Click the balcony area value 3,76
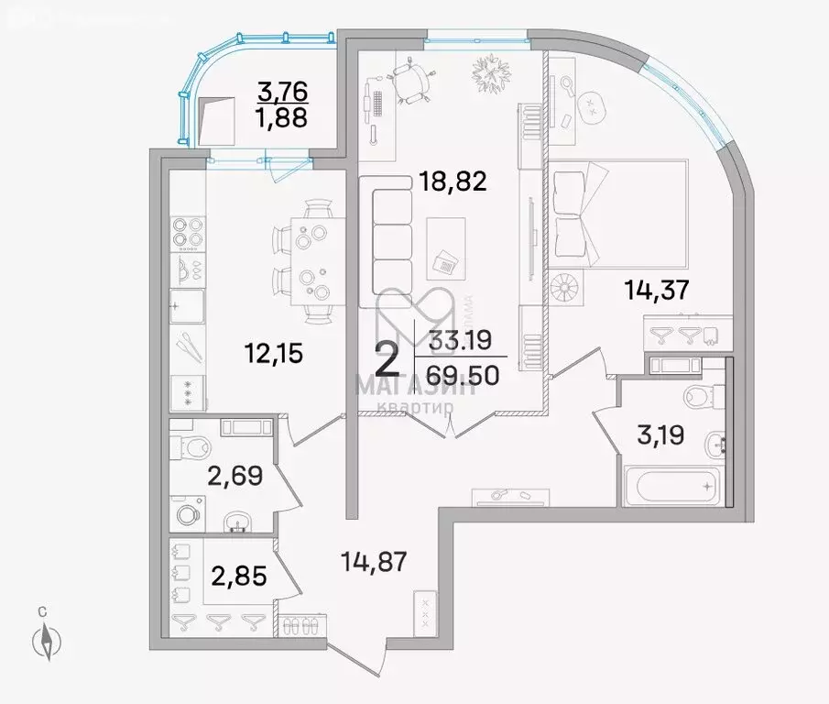(x=282, y=91)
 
